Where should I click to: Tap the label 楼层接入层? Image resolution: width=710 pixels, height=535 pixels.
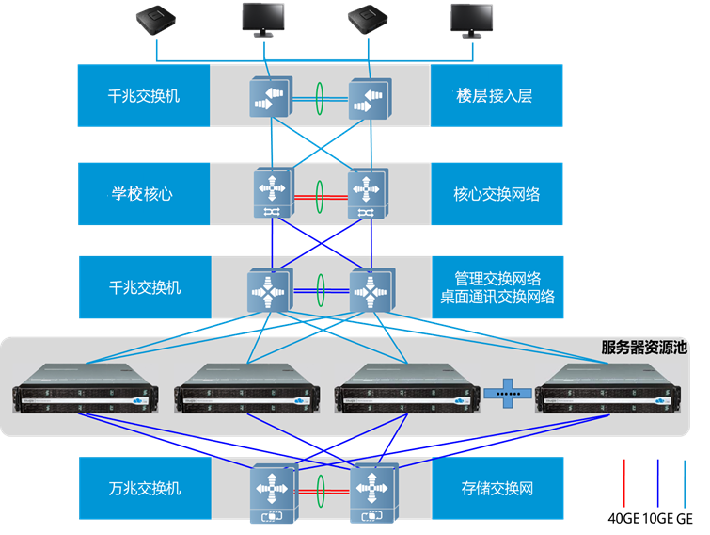496,95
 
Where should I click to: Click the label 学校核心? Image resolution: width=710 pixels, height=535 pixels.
143,194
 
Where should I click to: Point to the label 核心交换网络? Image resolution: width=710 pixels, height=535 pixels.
497,194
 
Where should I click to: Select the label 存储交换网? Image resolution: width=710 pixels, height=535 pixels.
497,489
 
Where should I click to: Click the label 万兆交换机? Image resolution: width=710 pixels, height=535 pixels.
144,489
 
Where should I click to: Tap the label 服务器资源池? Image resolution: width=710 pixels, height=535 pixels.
643,348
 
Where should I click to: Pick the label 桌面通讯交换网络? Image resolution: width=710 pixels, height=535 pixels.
497,297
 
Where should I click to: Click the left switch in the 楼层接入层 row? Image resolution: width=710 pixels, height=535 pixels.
271,97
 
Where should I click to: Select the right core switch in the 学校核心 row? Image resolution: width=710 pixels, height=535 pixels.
368,193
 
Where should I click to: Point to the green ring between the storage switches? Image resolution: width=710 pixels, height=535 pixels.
321,491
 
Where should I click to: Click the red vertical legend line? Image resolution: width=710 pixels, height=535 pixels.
623,483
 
